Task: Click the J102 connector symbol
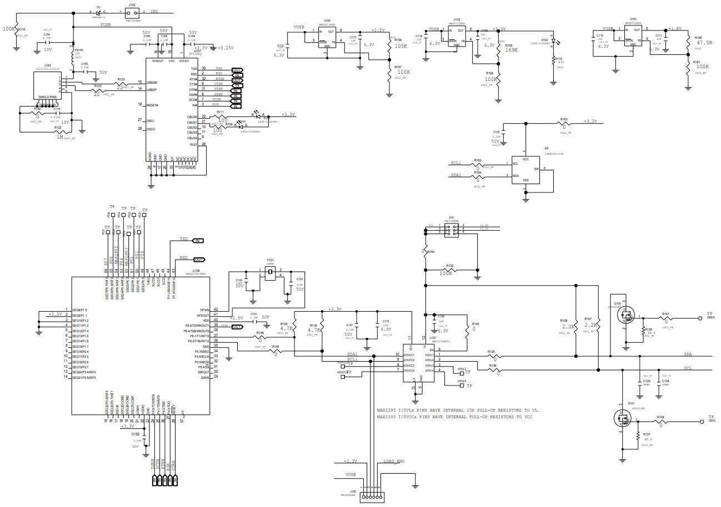[x=132, y=12]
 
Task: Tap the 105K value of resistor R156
[x=401, y=47]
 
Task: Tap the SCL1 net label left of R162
[x=455, y=164]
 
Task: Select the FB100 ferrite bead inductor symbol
[x=74, y=53]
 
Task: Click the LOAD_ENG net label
[x=394, y=461]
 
